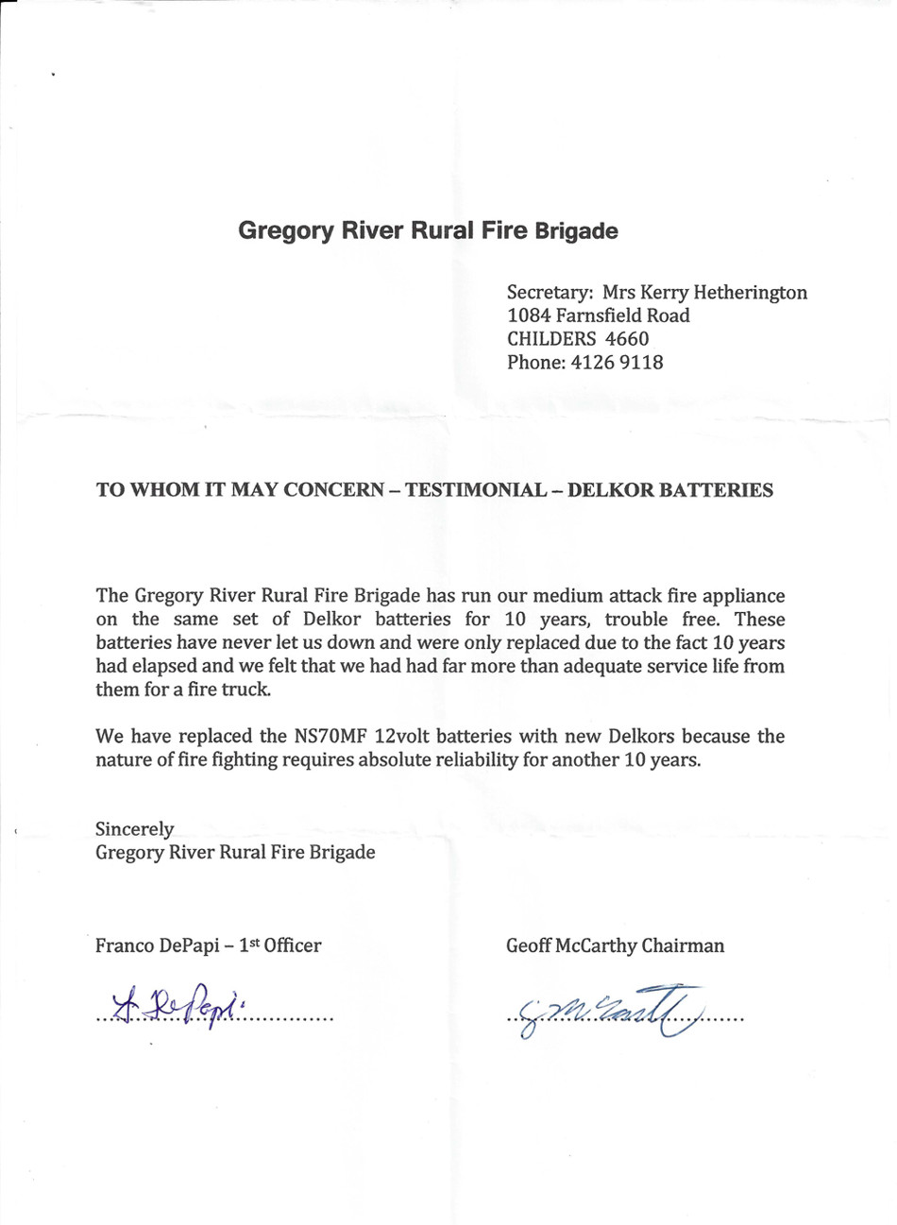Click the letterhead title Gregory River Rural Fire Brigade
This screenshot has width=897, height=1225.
pyautogui.click(x=428, y=230)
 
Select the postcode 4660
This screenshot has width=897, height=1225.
pyautogui.click(x=626, y=338)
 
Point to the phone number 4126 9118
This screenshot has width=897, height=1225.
pyautogui.click(x=617, y=362)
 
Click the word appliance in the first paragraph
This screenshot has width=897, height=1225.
pyautogui.click(x=738, y=596)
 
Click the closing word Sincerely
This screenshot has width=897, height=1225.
pyautogui.click(x=134, y=829)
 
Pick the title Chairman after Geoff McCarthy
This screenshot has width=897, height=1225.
pyautogui.click(x=683, y=945)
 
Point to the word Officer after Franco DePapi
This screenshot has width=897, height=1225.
pyautogui.click(x=293, y=945)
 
